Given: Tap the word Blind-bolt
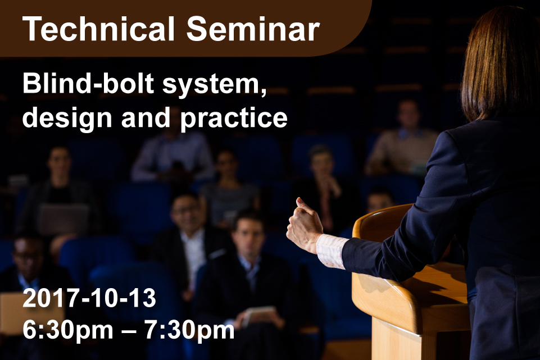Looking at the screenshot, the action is pyautogui.click(x=88, y=84).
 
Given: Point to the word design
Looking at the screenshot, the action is pyautogui.click(x=67, y=118).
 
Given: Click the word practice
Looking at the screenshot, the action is pyautogui.click(x=234, y=118).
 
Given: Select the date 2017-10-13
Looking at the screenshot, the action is pyautogui.click(x=89, y=298).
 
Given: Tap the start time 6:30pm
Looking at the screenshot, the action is pyautogui.click(x=68, y=331).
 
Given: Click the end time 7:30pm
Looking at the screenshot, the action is pyautogui.click(x=189, y=331).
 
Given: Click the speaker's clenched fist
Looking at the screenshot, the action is pyautogui.click(x=305, y=225).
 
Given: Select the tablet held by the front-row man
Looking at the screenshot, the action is pyautogui.click(x=259, y=315).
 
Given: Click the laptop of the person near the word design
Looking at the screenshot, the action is pyautogui.click(x=63, y=219).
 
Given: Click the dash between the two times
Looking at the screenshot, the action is pyautogui.click(x=129, y=330).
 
